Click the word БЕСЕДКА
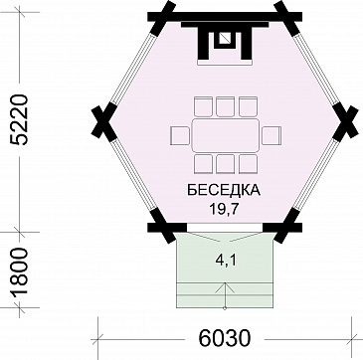[x=223, y=190]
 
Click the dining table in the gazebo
[x=226, y=135]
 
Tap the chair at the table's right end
[x=270, y=135]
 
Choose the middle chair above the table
[x=226, y=106]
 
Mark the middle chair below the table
[x=226, y=164]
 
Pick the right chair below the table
[x=247, y=164]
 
